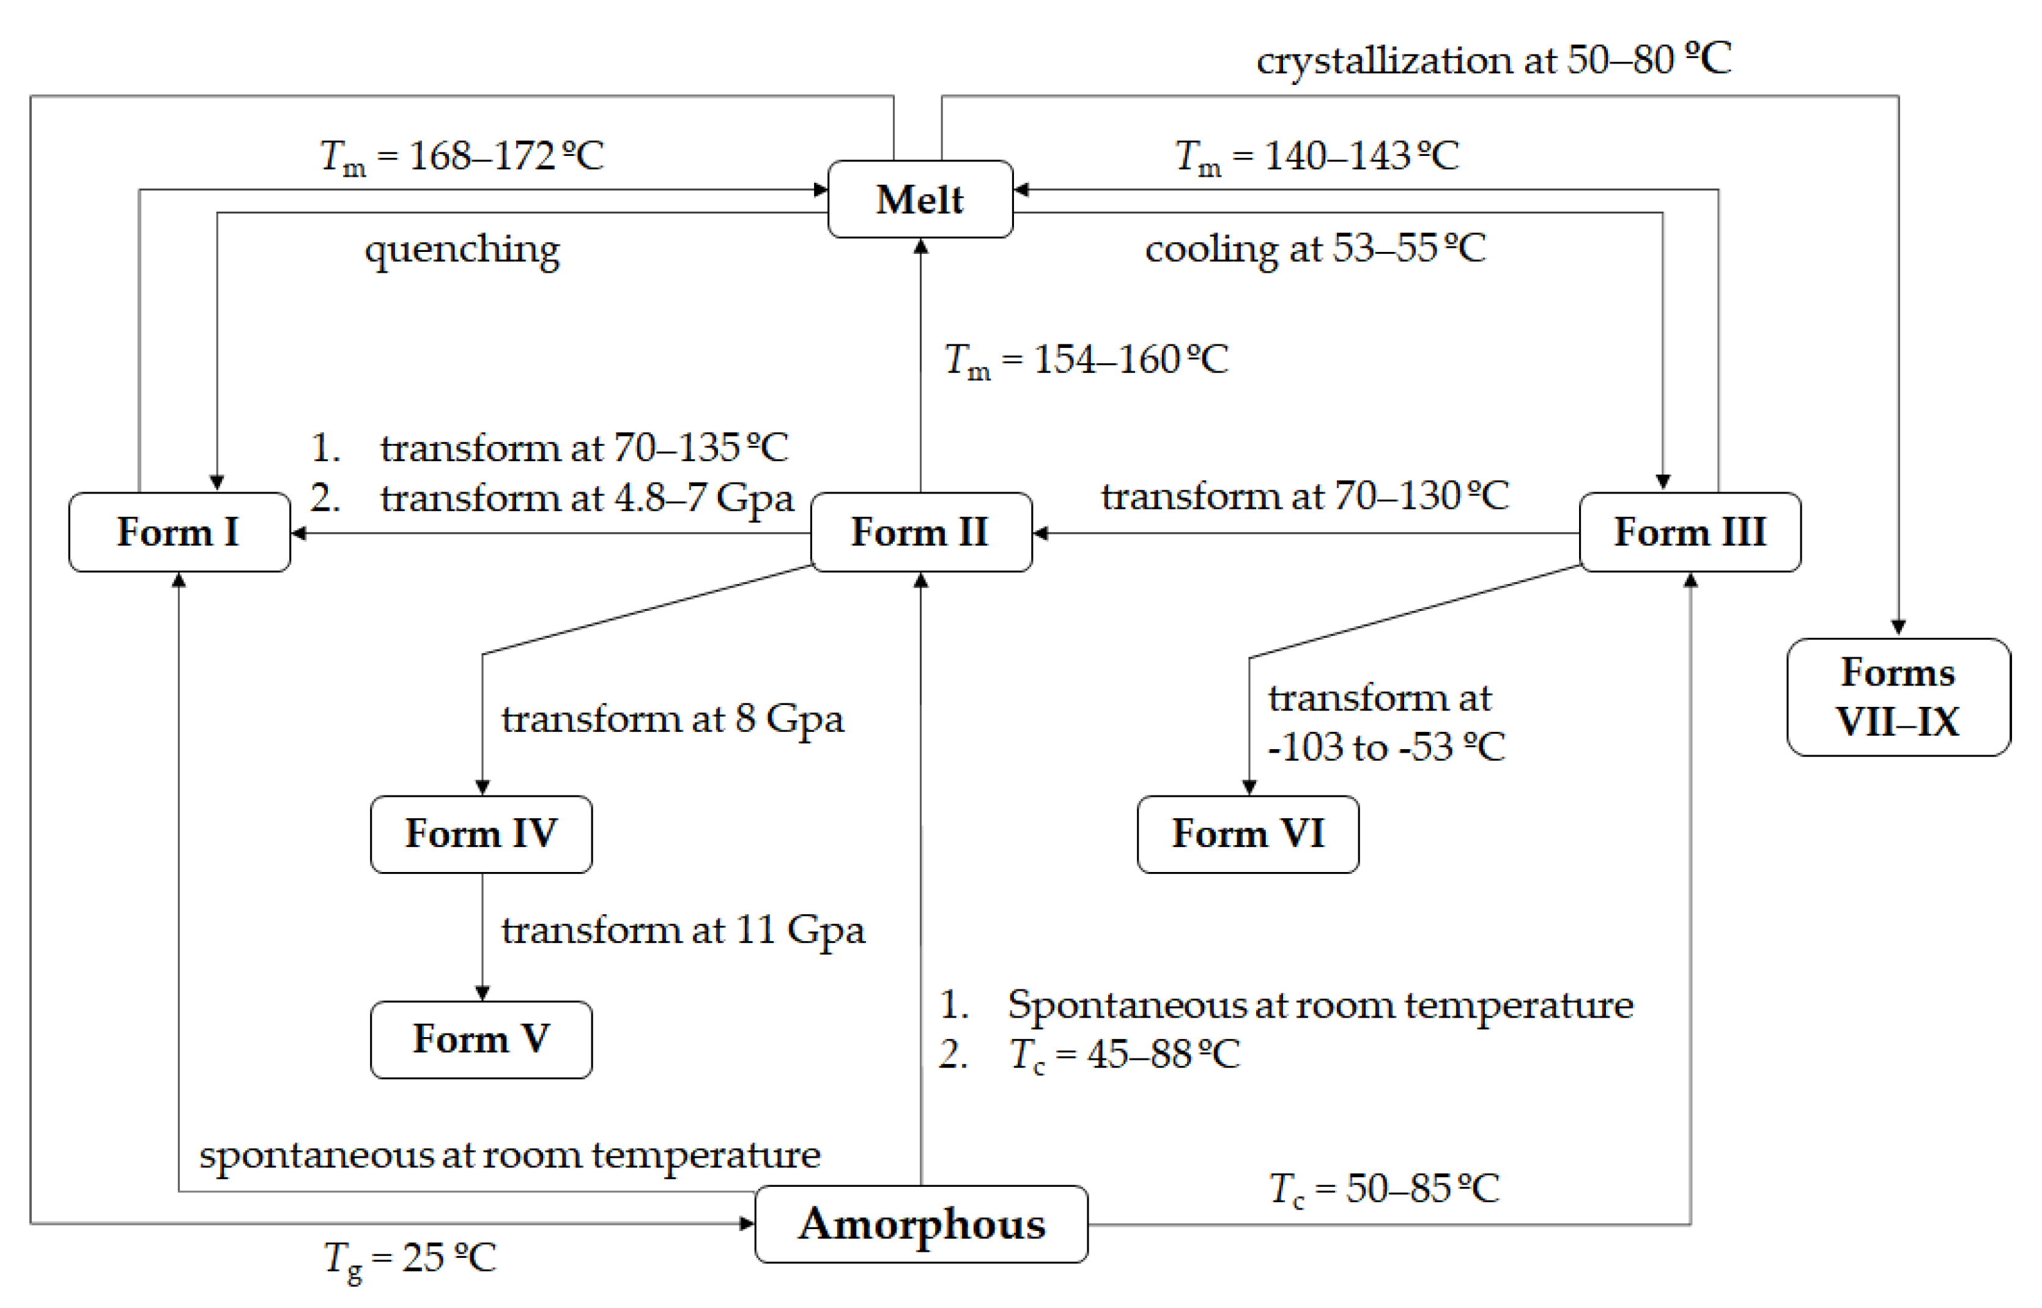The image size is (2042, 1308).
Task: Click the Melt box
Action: (920, 199)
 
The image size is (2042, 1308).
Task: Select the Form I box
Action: (179, 533)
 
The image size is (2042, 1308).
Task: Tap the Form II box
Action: (921, 533)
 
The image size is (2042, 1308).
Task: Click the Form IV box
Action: (481, 833)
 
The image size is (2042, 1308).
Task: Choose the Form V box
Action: (481, 1039)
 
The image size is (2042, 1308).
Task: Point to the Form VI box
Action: (1247, 833)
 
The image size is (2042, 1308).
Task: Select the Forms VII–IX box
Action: (1898, 696)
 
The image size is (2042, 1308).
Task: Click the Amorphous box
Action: (921, 1224)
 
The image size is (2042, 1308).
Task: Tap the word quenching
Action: (462, 249)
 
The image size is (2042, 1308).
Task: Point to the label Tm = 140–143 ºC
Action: (1317, 157)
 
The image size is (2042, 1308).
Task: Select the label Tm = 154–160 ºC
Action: (1086, 360)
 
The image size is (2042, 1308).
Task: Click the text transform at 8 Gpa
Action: (672, 719)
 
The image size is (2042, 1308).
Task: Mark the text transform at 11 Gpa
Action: (682, 930)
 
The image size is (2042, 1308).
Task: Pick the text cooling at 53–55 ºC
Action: (1315, 249)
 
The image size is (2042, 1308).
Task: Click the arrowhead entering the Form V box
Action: (483, 993)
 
